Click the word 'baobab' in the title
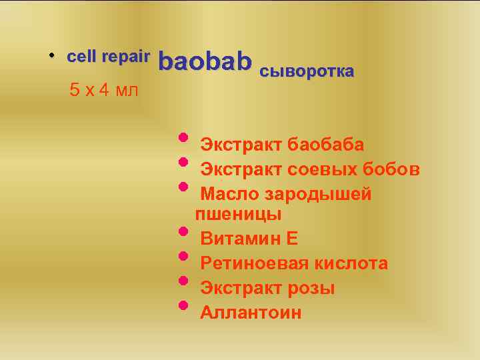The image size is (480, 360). click(205, 62)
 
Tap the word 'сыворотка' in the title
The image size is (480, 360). click(306, 71)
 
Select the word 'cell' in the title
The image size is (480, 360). click(82, 57)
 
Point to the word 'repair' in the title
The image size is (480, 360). click(126, 57)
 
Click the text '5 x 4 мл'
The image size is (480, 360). click(104, 90)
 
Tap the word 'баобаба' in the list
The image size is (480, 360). click(325, 145)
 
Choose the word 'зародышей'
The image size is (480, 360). click(318, 195)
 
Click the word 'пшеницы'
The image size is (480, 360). click(238, 215)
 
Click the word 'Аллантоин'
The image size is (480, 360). click(251, 313)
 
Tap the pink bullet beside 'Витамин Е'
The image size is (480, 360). click(183, 231)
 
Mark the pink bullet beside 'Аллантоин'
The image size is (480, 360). click(183, 305)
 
